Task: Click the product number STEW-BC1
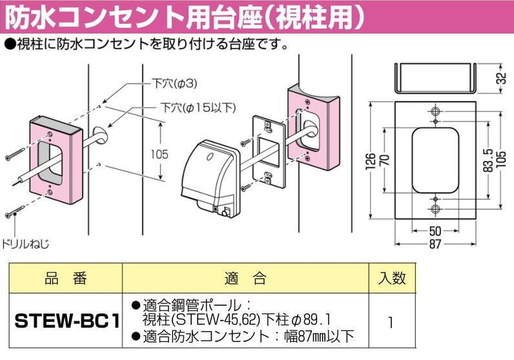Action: pyautogui.click(x=64, y=321)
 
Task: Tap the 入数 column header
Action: pyautogui.click(x=391, y=279)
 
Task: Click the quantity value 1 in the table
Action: pyautogui.click(x=391, y=321)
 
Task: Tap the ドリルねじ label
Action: pyautogui.click(x=26, y=244)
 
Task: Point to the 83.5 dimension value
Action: pyautogui.click(x=488, y=162)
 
